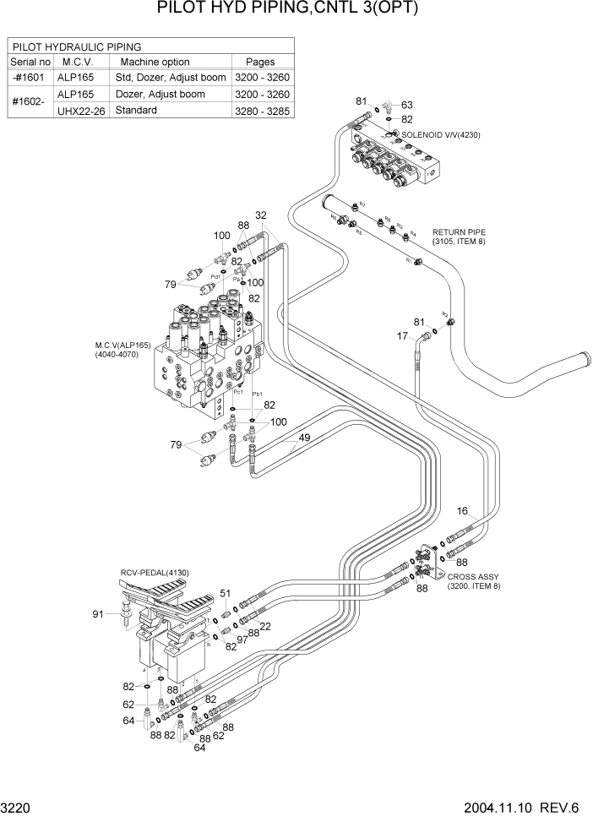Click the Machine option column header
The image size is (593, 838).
[x=155, y=62]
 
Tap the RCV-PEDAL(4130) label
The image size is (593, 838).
[x=155, y=573]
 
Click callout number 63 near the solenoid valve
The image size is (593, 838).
[x=407, y=105]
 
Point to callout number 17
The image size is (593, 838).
[x=402, y=336]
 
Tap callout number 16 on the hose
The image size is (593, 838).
[x=462, y=510]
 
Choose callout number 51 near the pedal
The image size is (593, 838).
[x=226, y=593]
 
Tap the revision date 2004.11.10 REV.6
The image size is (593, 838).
[x=521, y=808]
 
